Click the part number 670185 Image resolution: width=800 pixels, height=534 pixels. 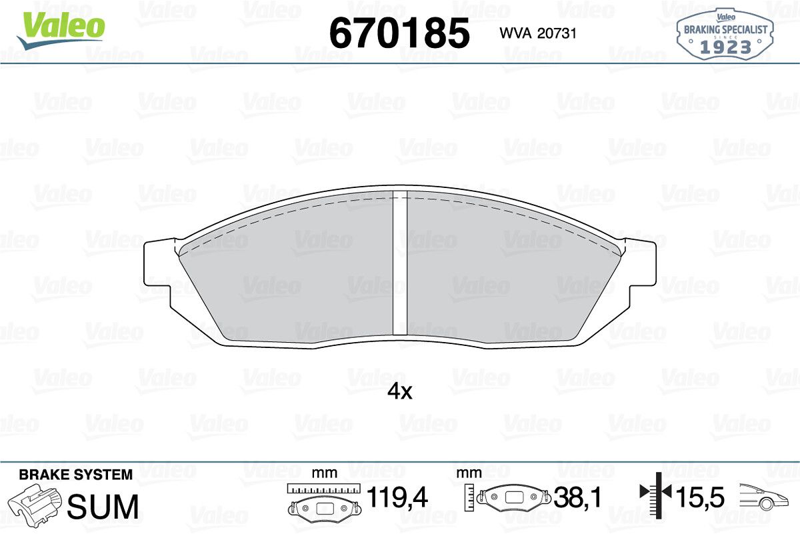[x=399, y=33]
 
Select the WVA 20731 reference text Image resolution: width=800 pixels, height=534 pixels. [x=538, y=33]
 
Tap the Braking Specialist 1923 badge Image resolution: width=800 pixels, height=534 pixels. [x=725, y=34]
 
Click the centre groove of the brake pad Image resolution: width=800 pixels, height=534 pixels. [x=400, y=264]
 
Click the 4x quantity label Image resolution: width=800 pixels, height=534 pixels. [x=399, y=392]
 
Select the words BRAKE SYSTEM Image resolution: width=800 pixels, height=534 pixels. [x=75, y=475]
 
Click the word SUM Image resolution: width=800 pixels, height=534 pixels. [x=103, y=507]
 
